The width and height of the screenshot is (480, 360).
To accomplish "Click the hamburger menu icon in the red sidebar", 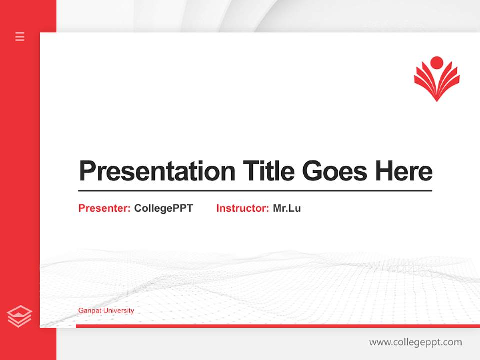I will point(20,36).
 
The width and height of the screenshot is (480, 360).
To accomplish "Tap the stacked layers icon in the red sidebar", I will point(19,316).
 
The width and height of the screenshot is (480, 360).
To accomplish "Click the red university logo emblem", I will point(436,80).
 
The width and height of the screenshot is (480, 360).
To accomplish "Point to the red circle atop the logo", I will point(437,63).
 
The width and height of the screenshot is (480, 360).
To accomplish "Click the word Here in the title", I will point(404,171).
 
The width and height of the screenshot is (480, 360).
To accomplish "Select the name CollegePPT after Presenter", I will point(163,208).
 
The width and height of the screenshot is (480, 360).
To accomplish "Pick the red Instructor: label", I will point(242,208).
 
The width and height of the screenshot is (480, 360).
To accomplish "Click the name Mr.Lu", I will point(287,208).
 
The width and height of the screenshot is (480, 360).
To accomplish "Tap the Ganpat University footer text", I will point(106,311).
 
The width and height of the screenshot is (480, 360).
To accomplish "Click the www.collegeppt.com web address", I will point(415,342).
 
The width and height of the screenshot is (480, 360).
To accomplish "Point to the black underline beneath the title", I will point(255,190).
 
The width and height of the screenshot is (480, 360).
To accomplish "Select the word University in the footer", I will point(118,311).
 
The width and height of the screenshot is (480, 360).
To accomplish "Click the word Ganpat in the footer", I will point(89,311).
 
